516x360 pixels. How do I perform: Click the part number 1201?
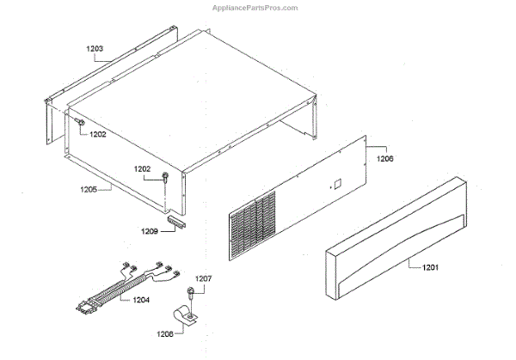tap(430, 268)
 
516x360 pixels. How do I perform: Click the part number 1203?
tap(95, 49)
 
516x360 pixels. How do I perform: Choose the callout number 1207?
tap(204, 279)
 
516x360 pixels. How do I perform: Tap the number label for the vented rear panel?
tap(386, 158)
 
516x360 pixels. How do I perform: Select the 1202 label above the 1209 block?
tap(144, 168)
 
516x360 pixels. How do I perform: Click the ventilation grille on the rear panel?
tap(253, 223)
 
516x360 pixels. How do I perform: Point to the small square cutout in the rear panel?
tap(338, 183)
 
